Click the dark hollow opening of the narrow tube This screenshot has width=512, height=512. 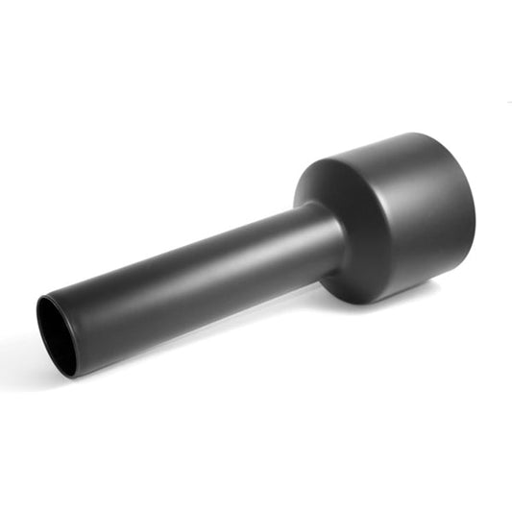[x=56, y=334]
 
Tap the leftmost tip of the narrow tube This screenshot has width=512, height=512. [x=37, y=322]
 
